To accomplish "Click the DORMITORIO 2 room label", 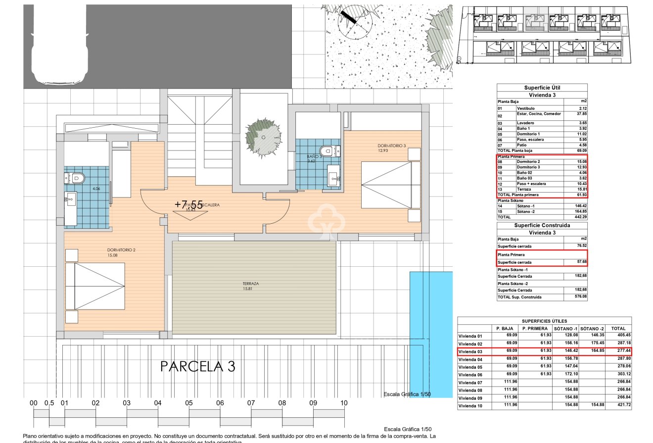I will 121,250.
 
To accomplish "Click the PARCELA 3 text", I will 198,367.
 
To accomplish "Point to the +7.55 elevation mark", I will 188,204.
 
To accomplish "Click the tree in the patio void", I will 263,136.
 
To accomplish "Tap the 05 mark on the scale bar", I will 189,403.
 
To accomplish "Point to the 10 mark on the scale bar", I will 344,403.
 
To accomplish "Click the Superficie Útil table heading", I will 542,88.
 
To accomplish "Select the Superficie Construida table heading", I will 542,225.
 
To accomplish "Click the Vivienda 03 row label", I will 470,351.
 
